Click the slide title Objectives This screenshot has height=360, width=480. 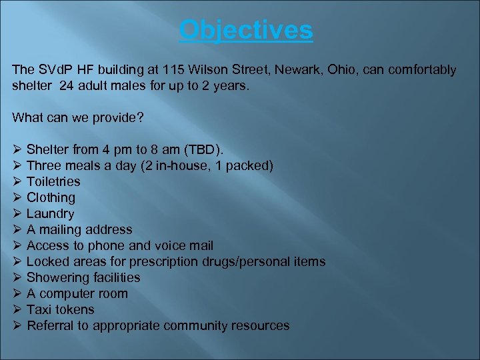pos(246,29)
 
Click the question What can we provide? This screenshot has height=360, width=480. pos(77,118)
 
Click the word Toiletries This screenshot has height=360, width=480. pos(53,182)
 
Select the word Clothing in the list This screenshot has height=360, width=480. pos(51,198)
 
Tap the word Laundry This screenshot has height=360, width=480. pos(50,214)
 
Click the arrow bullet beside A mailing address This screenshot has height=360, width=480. pos(17,229)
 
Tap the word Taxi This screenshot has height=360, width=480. pos(39,310)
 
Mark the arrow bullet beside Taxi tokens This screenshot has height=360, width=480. pos(17,309)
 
